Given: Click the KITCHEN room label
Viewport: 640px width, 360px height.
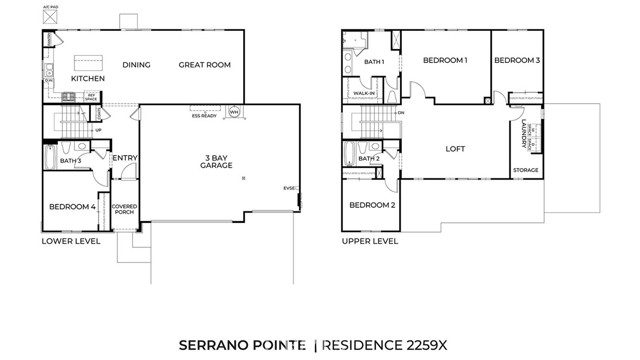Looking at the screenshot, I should (x=88, y=78).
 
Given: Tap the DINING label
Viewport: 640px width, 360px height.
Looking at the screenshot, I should (x=137, y=65).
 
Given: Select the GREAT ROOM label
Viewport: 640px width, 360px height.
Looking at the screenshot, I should (x=205, y=65).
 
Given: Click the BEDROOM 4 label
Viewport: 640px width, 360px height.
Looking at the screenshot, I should (x=72, y=207).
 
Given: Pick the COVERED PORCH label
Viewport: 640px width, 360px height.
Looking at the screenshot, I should (x=125, y=209).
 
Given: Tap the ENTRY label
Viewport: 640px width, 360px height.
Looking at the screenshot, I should (x=125, y=157).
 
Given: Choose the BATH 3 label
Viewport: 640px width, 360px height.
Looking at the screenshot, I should (x=70, y=160).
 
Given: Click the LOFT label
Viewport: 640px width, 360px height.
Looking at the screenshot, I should (x=455, y=149).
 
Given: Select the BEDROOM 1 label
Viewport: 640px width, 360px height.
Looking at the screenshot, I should (x=445, y=61).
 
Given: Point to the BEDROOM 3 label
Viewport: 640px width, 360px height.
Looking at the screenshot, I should (x=517, y=61).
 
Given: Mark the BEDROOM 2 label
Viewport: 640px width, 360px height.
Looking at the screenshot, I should (x=372, y=205).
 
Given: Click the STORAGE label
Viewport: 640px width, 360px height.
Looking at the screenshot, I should (x=526, y=170).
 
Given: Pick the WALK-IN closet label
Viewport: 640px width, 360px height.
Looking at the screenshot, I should (x=364, y=94).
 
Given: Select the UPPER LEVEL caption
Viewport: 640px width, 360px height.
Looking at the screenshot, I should (x=370, y=241).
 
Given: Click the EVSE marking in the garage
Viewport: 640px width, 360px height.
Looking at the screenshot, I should (x=290, y=187).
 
